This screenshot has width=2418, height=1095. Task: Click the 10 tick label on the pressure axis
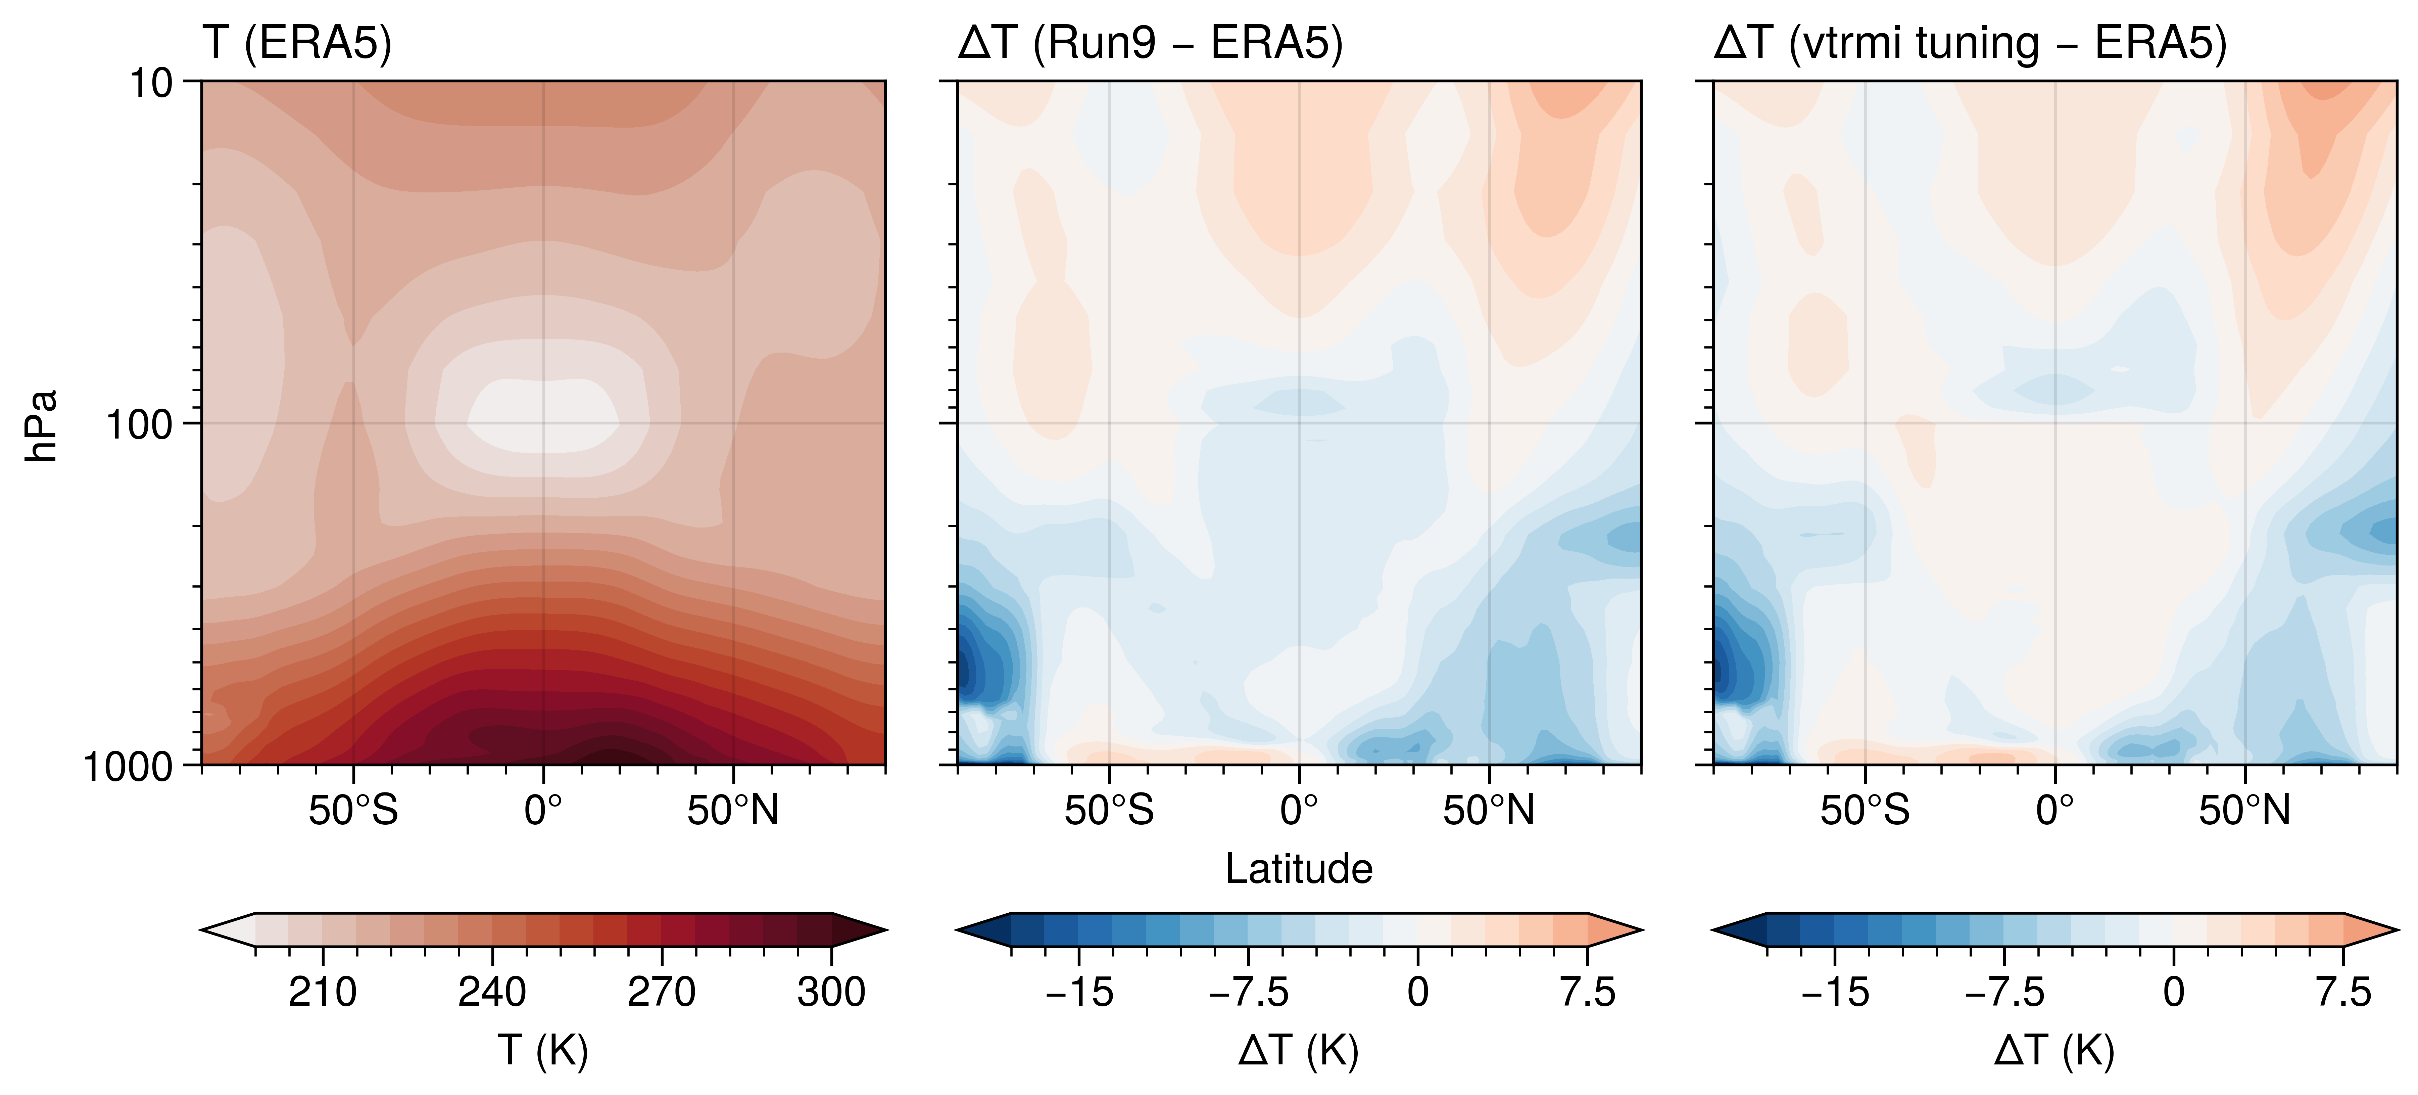click(150, 84)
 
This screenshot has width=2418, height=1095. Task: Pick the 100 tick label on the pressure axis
click(139, 424)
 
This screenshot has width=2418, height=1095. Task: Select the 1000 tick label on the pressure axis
click(129, 766)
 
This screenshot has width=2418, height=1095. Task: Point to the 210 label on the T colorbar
click(322, 992)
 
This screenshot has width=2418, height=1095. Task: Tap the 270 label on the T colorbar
click(662, 992)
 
